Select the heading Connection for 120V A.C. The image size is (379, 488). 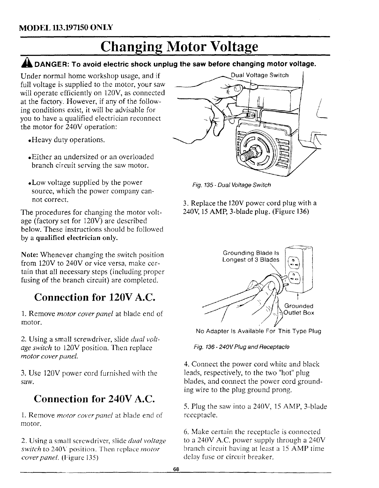pos(95,297)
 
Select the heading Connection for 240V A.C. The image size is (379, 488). pos(95,399)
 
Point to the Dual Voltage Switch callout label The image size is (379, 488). pos(259,75)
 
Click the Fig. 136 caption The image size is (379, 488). pos(241,347)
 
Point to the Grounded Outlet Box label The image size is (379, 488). pos(298,309)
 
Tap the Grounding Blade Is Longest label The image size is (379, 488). pos(251,257)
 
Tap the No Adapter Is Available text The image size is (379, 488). pos(258,331)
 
